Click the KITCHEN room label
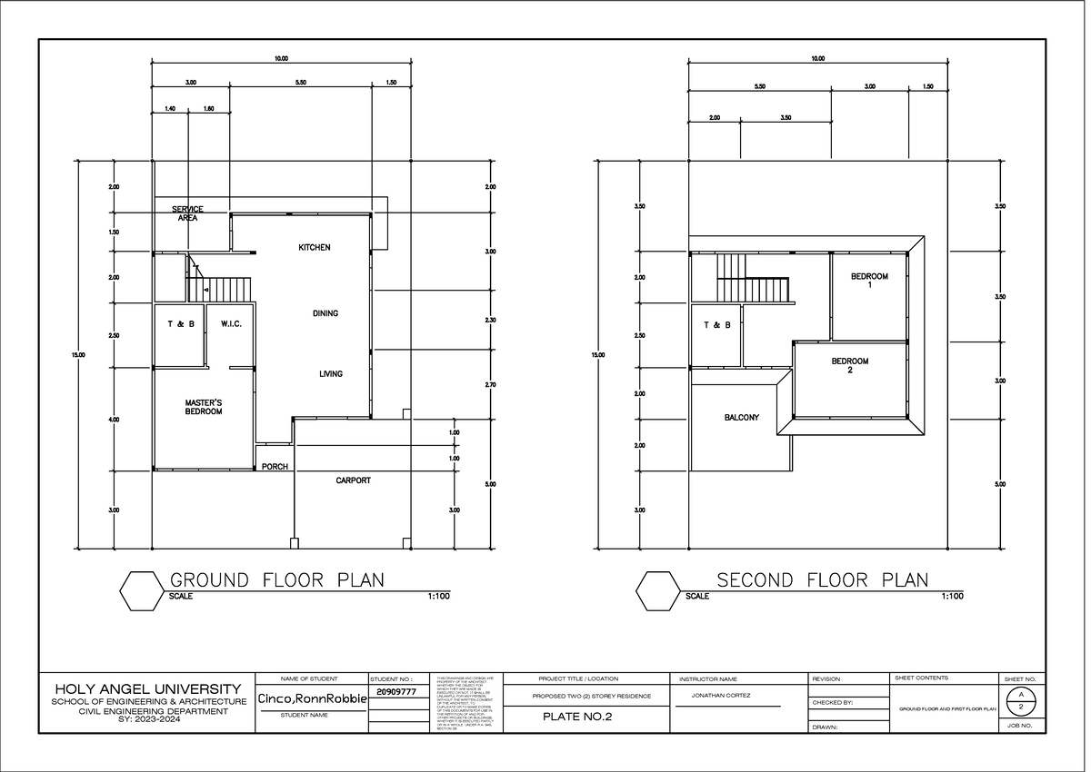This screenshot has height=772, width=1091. point(315,248)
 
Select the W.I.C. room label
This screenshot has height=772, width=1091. point(230,323)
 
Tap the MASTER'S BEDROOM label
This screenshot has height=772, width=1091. point(204,407)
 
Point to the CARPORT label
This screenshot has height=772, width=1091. point(353,480)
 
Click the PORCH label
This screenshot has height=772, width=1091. point(275,467)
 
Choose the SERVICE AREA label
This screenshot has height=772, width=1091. point(187,213)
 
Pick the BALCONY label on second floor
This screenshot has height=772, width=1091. point(742,418)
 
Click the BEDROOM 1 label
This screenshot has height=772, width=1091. point(869,280)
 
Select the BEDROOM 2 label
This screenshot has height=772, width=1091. point(850,365)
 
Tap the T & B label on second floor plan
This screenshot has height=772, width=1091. point(716,324)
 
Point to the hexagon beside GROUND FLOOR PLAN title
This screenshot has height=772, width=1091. point(141,590)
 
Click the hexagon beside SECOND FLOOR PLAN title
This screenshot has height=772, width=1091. point(657,590)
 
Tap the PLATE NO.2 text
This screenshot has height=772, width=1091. point(577,718)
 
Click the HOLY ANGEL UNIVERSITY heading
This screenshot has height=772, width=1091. point(148,689)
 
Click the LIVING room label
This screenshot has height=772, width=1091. point(331,373)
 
